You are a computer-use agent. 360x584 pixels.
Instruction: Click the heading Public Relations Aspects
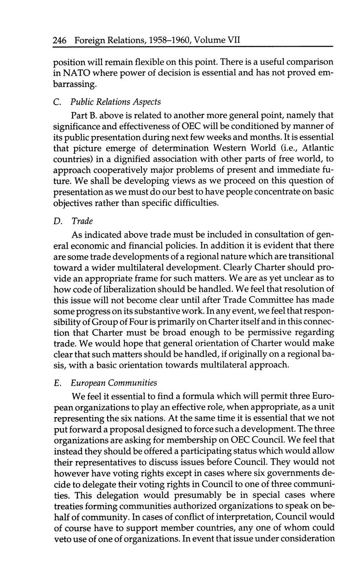point(116,102)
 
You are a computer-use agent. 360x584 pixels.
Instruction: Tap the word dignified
point(140,159)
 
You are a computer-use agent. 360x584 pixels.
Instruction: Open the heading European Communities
point(114,383)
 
